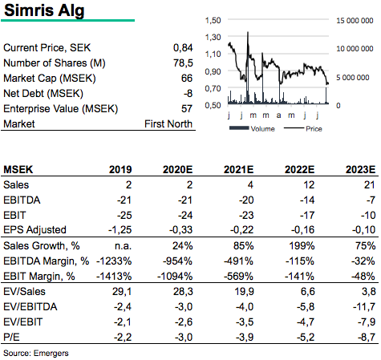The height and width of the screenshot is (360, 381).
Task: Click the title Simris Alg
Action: click(x=44, y=11)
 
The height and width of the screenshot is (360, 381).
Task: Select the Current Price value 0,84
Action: click(x=183, y=48)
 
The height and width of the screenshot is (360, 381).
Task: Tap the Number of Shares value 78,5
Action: click(x=183, y=63)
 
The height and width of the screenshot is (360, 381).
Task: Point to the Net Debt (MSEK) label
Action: click(x=43, y=94)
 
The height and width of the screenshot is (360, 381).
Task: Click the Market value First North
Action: click(x=168, y=124)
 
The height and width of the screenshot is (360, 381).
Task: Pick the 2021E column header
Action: click(x=238, y=169)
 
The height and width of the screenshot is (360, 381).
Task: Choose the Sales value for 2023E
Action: click(x=370, y=184)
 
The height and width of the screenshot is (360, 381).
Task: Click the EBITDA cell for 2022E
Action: click(x=307, y=200)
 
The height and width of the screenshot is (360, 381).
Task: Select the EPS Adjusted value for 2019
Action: click(x=120, y=230)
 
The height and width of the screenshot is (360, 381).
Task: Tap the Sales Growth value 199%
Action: click(x=302, y=245)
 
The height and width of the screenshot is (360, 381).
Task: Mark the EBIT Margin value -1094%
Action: click(x=175, y=276)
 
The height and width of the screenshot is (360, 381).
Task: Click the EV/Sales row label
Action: click(x=24, y=291)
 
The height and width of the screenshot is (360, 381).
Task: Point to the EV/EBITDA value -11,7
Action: click(x=364, y=306)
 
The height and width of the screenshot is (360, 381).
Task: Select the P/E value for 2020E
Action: click(x=184, y=338)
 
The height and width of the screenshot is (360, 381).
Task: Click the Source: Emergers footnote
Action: click(x=36, y=354)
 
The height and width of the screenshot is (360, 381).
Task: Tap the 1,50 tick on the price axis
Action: click(x=213, y=20)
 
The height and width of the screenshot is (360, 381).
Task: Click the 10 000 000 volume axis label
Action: click(x=355, y=49)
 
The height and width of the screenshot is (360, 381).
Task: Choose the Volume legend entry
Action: click(x=252, y=129)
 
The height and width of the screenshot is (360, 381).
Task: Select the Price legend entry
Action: click(x=303, y=129)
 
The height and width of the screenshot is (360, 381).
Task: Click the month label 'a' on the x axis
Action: click(x=278, y=115)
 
